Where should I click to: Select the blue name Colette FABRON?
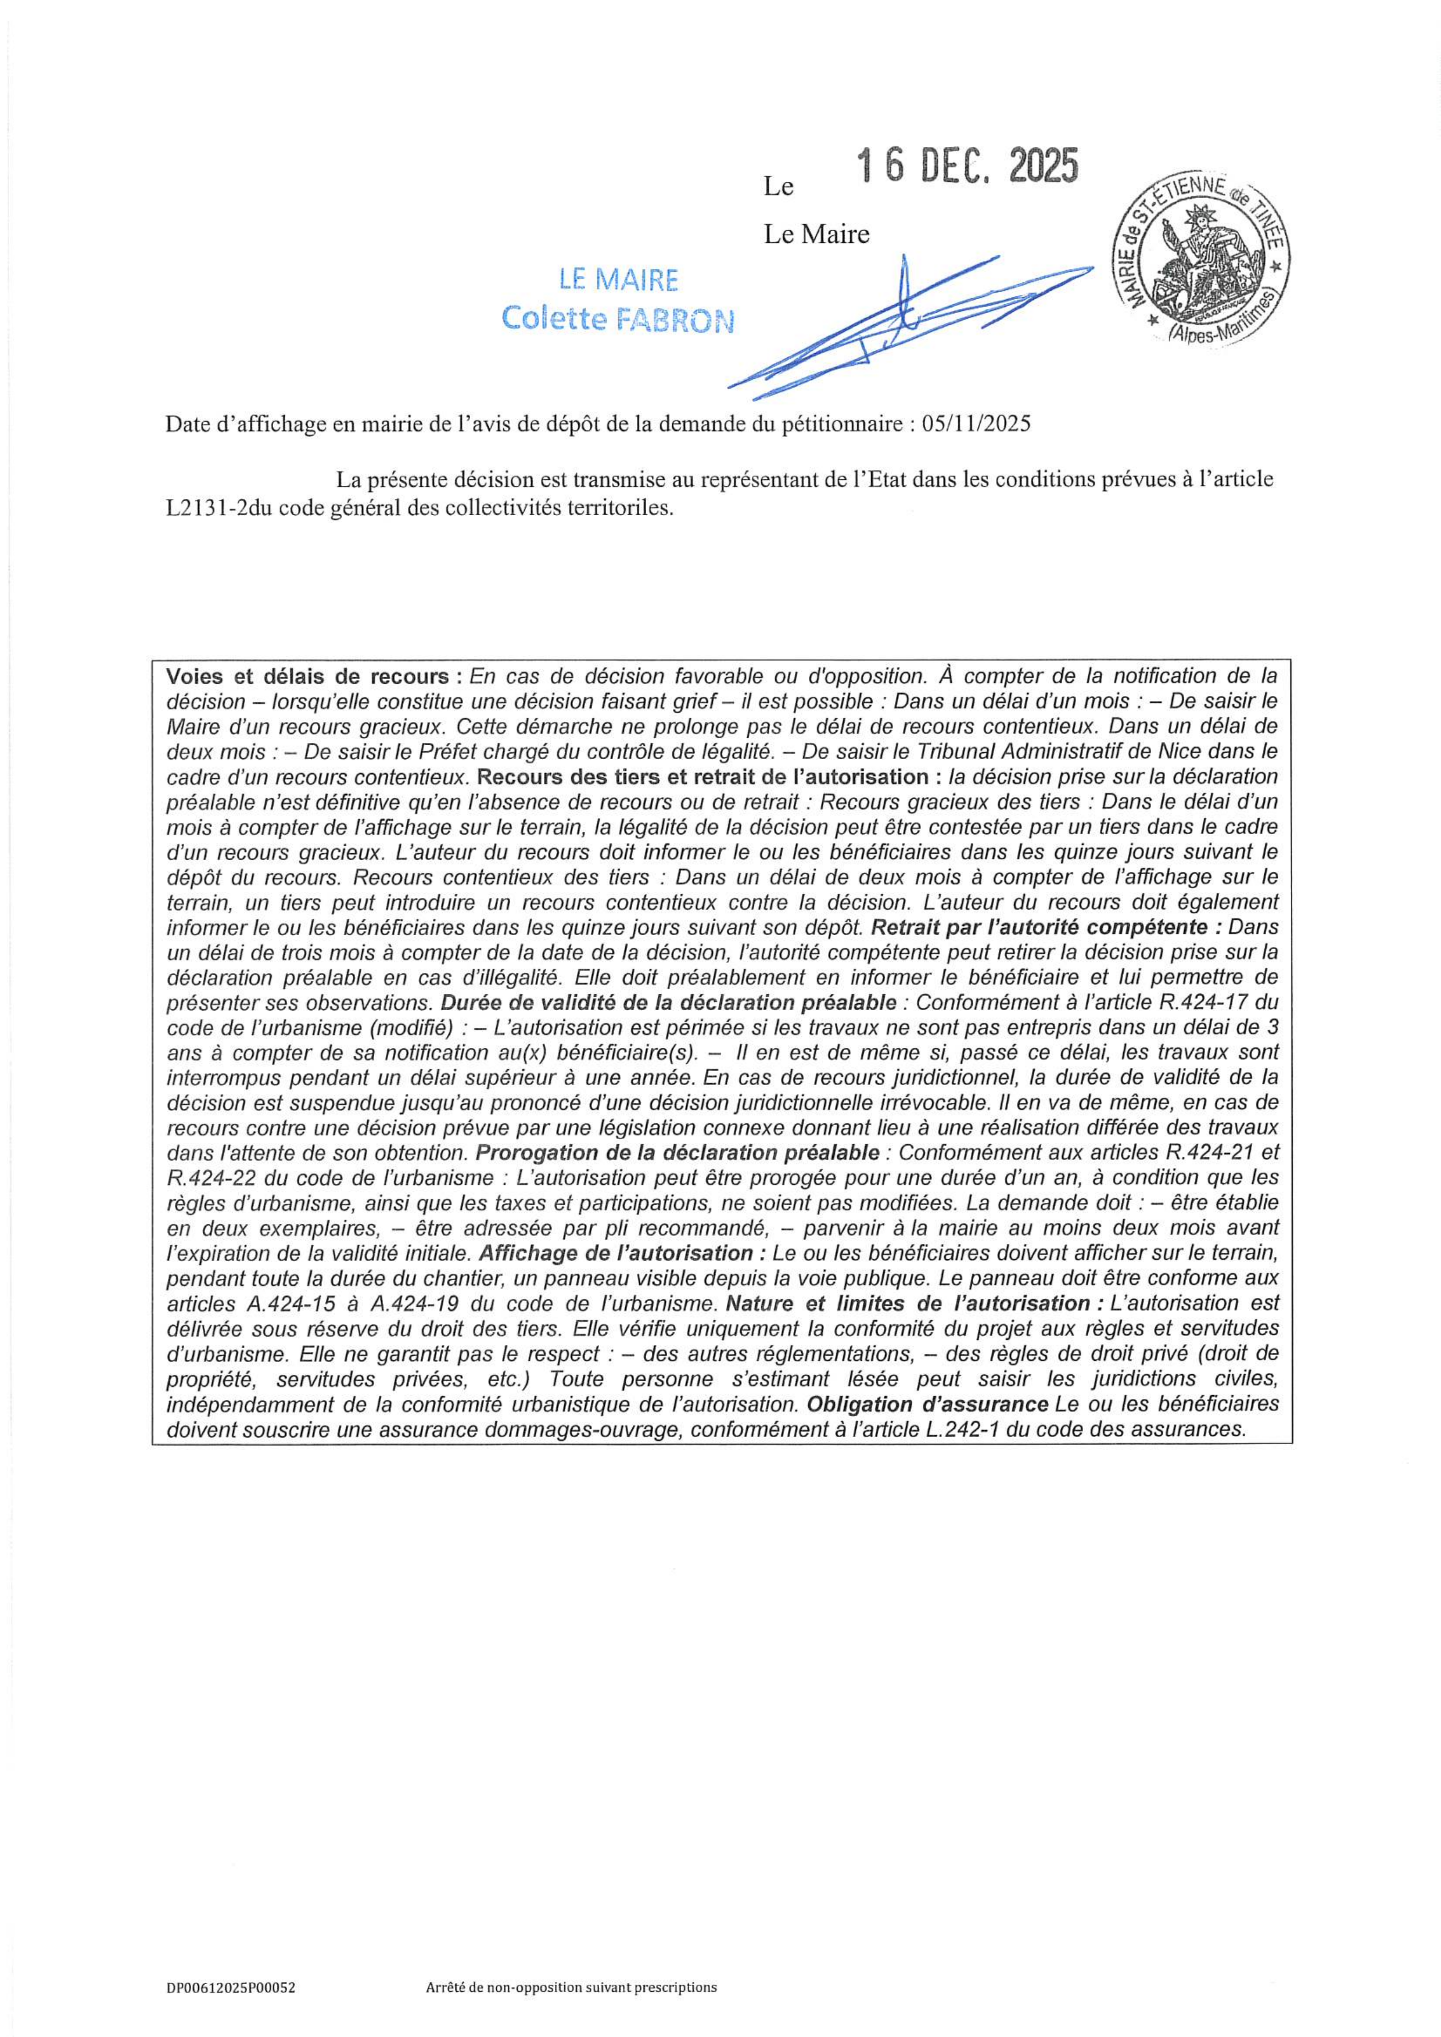point(618,318)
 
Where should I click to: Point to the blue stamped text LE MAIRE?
point(618,281)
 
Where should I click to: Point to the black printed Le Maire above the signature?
point(816,234)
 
